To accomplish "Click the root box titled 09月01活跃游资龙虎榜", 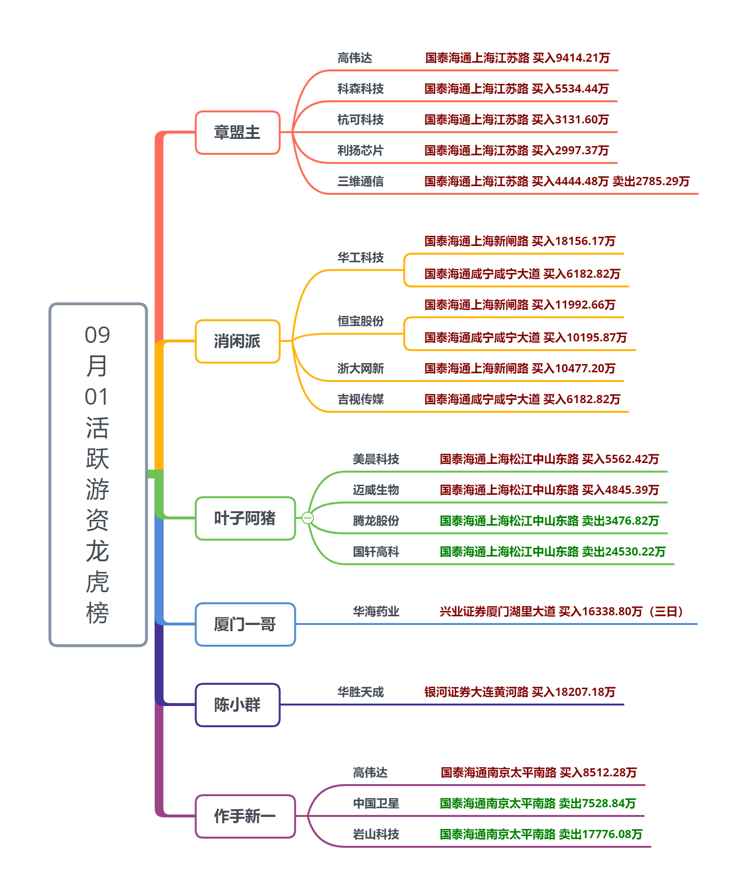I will click(x=98, y=475).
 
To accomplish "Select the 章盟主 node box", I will click(x=237, y=133).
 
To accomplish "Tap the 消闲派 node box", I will click(x=237, y=341).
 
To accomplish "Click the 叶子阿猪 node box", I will click(x=245, y=518).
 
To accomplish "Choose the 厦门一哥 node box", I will click(x=245, y=624).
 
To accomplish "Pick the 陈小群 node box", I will click(x=237, y=705).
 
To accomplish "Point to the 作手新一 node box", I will click(x=245, y=816).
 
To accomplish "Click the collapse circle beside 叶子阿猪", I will click(x=307, y=518).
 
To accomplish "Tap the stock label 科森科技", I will click(x=360, y=89).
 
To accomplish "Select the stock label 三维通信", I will click(x=360, y=181).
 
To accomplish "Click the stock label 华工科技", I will click(x=360, y=258).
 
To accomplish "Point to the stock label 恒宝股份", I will click(x=360, y=321).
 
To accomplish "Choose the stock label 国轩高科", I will click(x=376, y=552).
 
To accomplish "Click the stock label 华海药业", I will click(x=376, y=611).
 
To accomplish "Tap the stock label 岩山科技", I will click(x=376, y=834).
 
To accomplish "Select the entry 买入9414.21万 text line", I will click(x=517, y=58).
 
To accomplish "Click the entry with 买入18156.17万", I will click(x=520, y=241).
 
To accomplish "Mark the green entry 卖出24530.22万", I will click(x=553, y=552).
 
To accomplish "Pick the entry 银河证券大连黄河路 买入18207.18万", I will click(x=520, y=692).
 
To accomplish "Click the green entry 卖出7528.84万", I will click(x=538, y=803).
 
